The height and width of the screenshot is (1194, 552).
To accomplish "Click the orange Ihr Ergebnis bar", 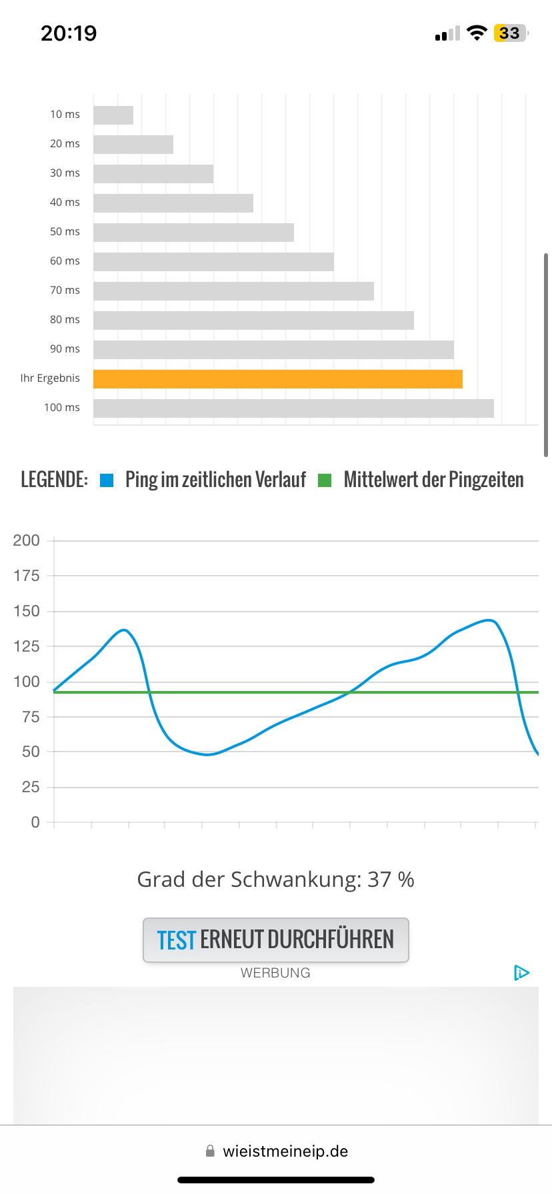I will (x=277, y=379).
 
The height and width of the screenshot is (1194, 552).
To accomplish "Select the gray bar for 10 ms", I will (x=113, y=115).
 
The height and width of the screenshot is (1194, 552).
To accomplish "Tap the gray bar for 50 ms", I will (x=193, y=233).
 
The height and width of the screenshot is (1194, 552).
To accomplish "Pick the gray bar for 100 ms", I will (x=293, y=408).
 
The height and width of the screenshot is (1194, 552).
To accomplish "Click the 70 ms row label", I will (x=65, y=291).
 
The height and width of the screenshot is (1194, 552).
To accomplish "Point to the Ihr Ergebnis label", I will (x=50, y=378).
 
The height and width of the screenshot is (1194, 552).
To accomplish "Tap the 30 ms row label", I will (x=65, y=173).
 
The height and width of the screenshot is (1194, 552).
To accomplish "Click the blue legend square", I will (x=107, y=480).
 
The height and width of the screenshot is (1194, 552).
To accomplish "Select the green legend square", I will (x=325, y=480).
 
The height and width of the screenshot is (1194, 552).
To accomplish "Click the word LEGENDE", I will (x=54, y=480).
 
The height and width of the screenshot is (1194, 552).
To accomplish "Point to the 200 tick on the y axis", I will (x=27, y=540).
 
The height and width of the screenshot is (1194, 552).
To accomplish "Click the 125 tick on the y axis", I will (x=27, y=646).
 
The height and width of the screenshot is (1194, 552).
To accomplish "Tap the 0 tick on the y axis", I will (x=35, y=822).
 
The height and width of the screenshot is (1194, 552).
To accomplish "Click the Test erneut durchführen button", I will (x=275, y=940).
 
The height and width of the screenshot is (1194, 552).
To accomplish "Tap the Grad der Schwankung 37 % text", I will (x=275, y=880).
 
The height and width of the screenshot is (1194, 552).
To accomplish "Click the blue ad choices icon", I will (x=521, y=973).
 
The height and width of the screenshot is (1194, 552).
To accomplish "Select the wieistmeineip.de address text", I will (x=285, y=1151).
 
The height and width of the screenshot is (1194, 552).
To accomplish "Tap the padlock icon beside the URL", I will (x=210, y=1151).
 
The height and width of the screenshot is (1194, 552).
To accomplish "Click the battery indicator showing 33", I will (x=510, y=33).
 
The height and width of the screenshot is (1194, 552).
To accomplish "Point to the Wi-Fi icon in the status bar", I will (x=477, y=33).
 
